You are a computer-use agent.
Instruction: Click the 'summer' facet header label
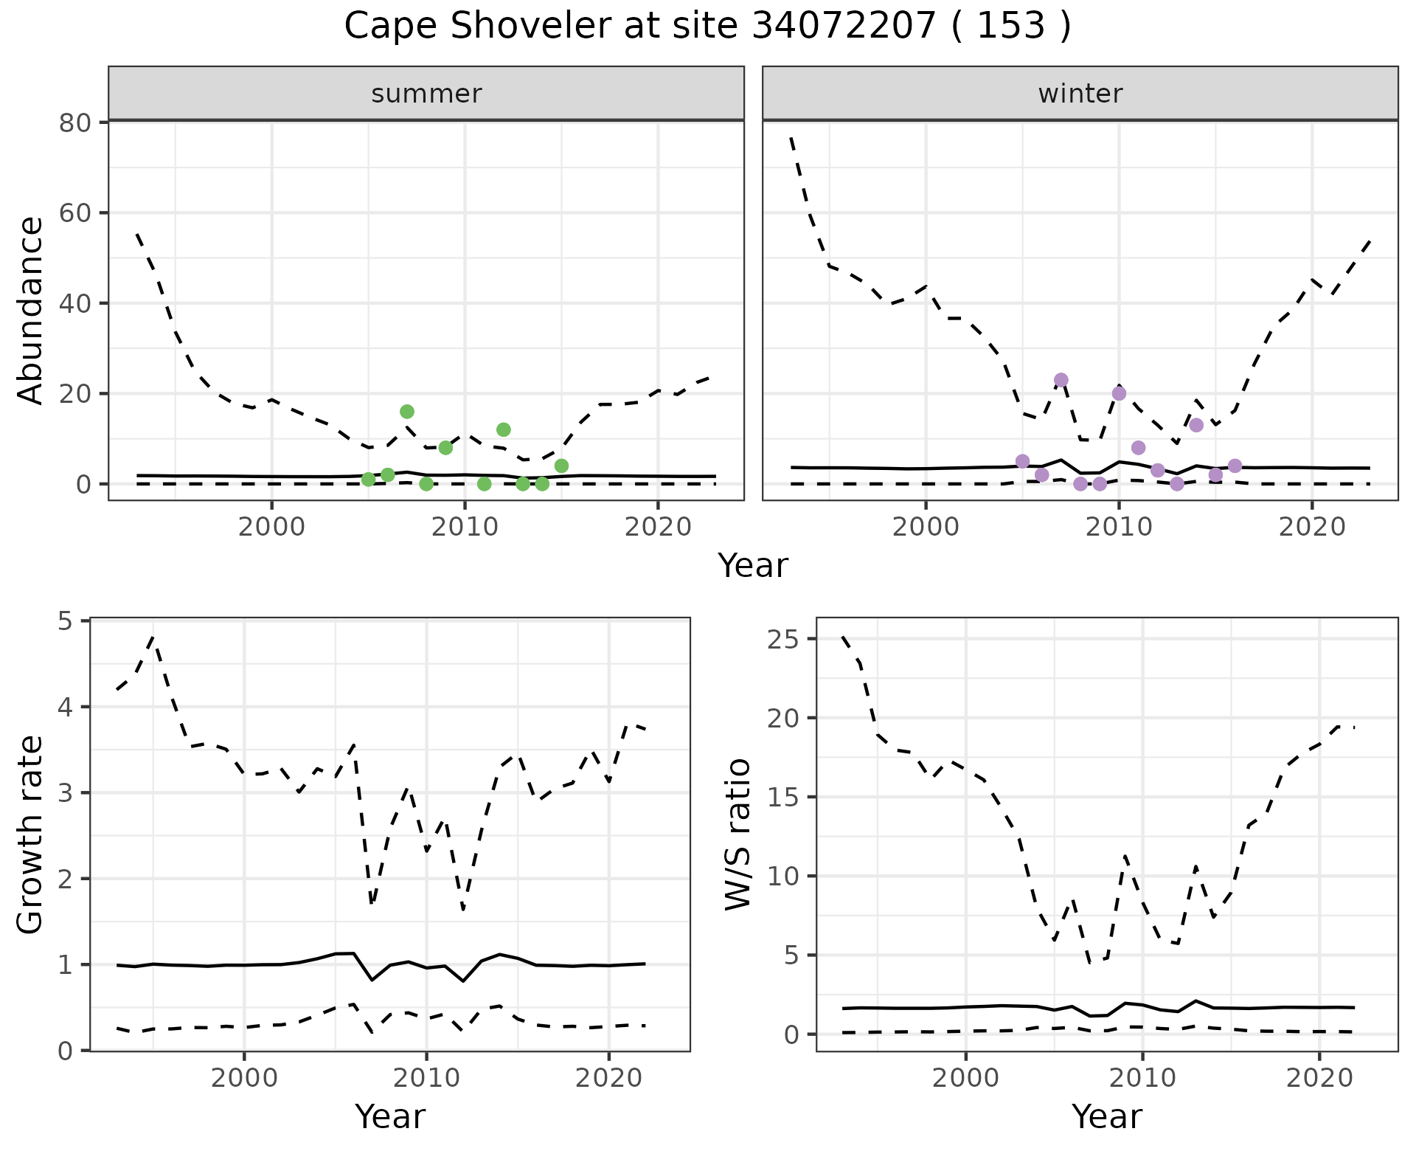(x=426, y=94)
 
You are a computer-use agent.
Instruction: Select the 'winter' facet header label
(x=1080, y=94)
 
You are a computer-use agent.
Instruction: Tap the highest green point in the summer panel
(x=407, y=411)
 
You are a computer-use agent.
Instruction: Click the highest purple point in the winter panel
(x=1061, y=380)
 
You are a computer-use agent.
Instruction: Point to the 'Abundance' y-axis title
(x=31, y=310)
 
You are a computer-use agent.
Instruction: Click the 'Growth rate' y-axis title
(x=31, y=834)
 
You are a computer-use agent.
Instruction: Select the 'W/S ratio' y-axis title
(x=737, y=834)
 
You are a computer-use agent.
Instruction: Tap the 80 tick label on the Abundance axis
(x=75, y=122)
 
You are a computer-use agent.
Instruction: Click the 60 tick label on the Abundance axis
(x=75, y=213)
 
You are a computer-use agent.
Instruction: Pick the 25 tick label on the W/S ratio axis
(x=783, y=639)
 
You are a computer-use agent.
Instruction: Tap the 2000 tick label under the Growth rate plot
(x=244, y=1078)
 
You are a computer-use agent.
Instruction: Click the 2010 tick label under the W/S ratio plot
(x=1142, y=1078)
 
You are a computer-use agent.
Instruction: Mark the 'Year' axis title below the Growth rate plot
(x=390, y=1116)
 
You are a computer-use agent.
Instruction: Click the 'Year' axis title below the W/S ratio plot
(x=1107, y=1116)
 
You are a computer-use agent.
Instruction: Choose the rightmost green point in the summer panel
(x=561, y=466)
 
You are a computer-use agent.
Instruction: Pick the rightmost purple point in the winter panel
(x=1235, y=466)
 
